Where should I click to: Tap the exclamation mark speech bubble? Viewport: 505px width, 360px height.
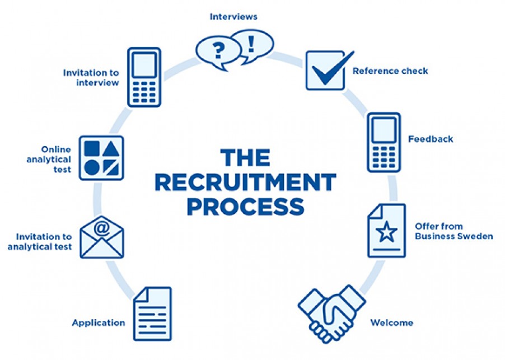point(252,43)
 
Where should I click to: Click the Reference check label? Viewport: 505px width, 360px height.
point(390,71)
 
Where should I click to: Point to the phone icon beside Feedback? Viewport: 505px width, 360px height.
point(384,142)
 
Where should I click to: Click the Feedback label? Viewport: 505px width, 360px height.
point(431,139)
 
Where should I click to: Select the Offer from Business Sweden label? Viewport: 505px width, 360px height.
point(453,231)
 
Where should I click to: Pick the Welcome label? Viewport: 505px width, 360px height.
point(391,322)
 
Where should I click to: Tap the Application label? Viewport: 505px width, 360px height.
point(99,322)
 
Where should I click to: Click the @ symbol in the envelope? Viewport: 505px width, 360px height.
point(101,228)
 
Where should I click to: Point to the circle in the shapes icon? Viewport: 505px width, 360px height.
point(92,167)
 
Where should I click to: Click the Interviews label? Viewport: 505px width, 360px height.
point(233,17)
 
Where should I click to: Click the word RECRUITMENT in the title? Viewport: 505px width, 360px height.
point(245,182)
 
